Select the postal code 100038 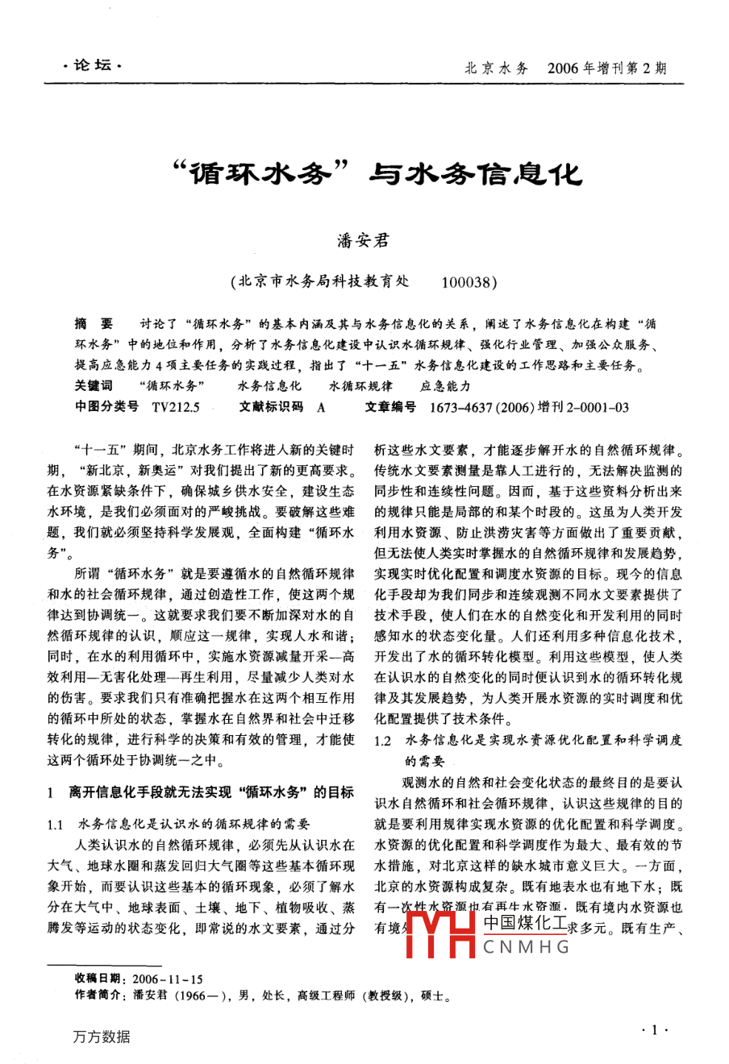pos(469,282)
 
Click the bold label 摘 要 pos(94,324)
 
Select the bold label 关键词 pos(94,386)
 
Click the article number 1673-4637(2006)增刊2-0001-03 pos(530,407)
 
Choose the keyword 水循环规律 pos(360,386)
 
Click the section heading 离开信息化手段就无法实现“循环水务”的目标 pos(211,793)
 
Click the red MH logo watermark pos(439,935)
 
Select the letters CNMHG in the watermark pos(527,946)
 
